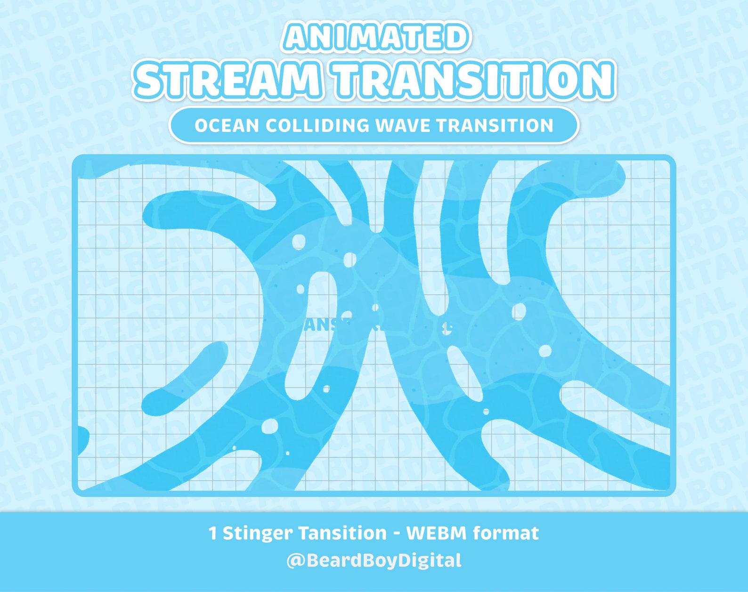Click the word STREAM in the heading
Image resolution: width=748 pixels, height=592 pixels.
(229, 80)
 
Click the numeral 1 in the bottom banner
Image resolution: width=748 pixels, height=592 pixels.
(212, 534)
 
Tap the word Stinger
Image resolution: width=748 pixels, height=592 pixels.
(258, 534)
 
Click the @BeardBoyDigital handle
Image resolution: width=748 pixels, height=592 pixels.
(374, 560)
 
